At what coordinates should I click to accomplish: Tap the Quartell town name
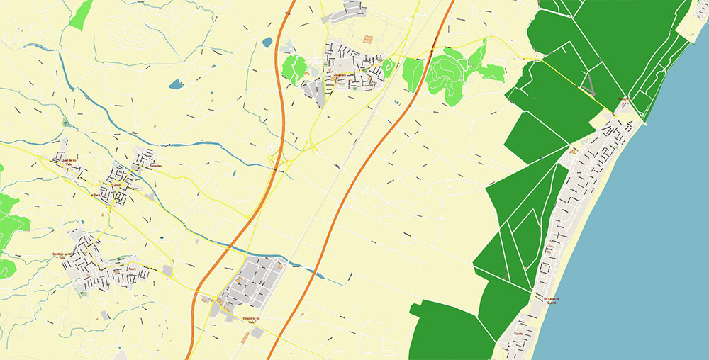tap(115, 186)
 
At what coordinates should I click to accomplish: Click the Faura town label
tap(132, 269)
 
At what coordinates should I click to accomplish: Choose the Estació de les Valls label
tap(253, 320)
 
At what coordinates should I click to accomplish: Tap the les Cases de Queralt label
tap(557, 300)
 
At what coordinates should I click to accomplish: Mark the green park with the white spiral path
tap(388, 67)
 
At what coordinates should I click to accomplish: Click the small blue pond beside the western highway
tap(267, 43)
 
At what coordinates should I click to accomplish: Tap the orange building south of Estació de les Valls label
tap(244, 337)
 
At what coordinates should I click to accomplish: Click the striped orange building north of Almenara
tap(367, 40)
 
